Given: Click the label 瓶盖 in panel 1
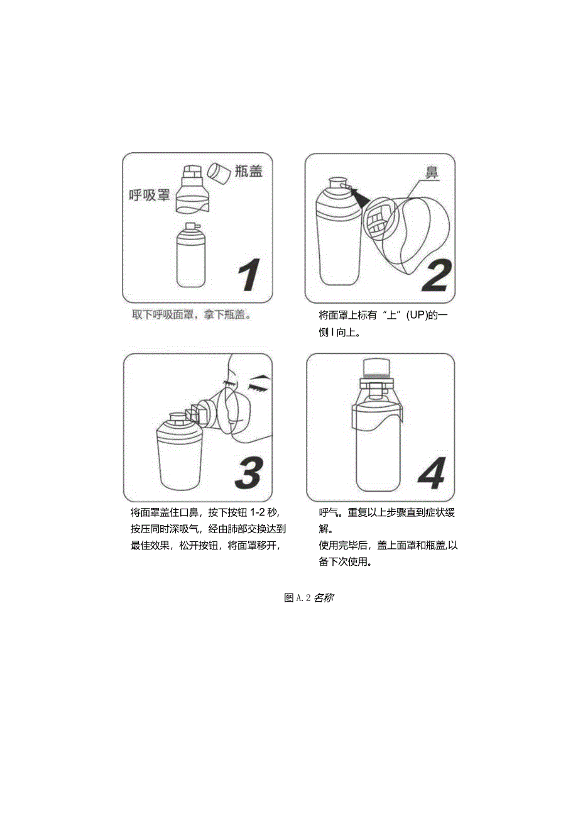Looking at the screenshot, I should click(248, 172).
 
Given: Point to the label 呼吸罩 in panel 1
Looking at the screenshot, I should click(150, 195).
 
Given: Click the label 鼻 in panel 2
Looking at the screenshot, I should click(432, 172).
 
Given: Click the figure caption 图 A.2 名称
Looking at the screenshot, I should click(308, 597).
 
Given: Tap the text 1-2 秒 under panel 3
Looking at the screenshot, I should click(270, 512).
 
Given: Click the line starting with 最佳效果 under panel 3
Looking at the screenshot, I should click(204, 545).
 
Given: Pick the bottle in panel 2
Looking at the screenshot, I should click(339, 236).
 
